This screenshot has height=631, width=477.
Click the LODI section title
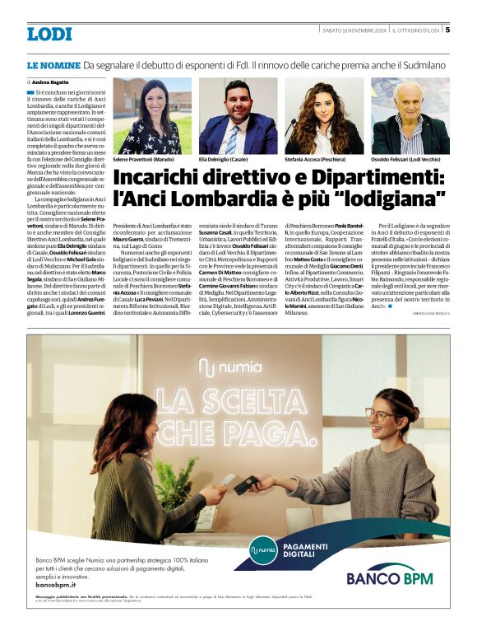49,34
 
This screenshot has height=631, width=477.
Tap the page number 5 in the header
447,30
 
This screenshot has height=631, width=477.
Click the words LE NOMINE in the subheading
53,64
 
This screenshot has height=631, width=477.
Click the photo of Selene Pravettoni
151,116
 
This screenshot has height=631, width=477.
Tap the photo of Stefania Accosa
324,116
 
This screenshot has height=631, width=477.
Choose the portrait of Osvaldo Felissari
410,116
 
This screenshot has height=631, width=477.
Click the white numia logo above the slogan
239,366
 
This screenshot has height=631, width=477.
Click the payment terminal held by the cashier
243,486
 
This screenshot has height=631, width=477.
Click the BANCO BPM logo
389,577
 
